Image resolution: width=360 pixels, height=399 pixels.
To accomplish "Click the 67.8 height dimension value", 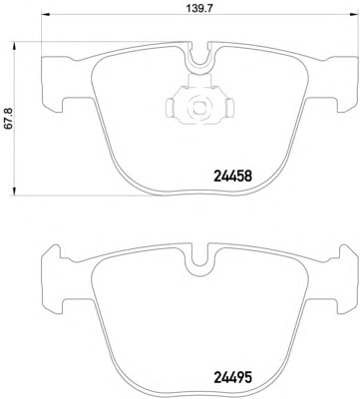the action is pos(8,119).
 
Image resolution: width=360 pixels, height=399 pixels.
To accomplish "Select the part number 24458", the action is pos(232,177).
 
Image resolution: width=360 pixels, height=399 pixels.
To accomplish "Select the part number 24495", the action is pos(232,377).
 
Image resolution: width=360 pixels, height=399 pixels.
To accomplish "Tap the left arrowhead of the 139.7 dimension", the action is pos(45,14).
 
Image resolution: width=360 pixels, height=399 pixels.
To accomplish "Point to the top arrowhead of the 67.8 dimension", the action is pos(14,46).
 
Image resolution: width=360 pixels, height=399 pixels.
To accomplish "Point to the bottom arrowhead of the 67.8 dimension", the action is pos(14,192).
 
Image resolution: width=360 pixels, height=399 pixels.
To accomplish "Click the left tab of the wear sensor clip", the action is pos(171,108).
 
